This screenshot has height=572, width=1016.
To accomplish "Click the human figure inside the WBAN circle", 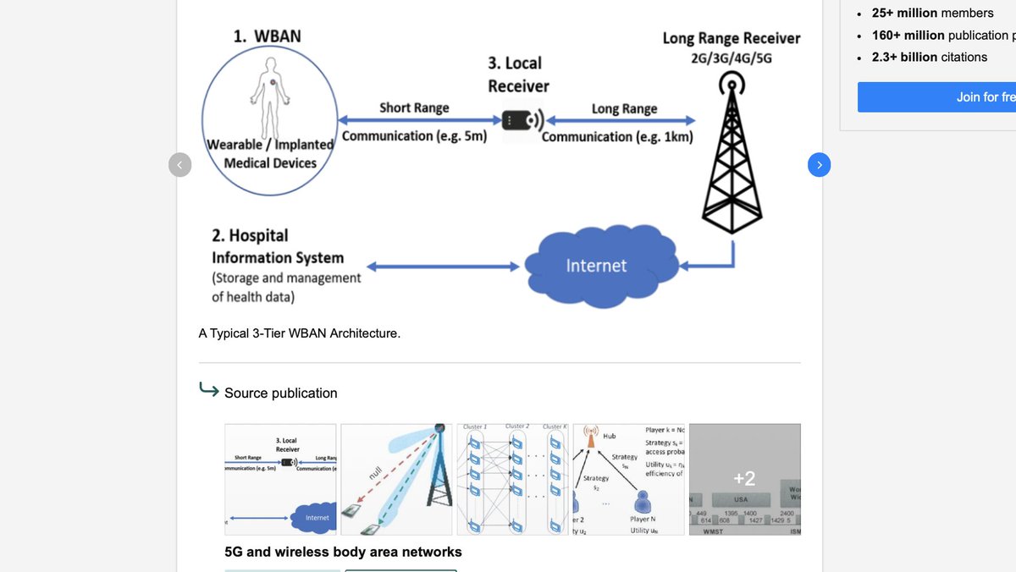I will (270, 85).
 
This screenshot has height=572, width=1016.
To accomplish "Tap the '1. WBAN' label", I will (267, 36).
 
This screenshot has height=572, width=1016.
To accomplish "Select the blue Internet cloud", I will (596, 265).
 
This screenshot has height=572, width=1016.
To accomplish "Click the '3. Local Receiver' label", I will (517, 74).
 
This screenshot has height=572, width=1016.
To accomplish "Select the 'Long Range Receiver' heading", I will (731, 38).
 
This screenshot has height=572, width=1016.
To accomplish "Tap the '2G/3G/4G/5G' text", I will (732, 58).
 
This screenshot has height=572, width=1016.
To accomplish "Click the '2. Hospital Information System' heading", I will (277, 246).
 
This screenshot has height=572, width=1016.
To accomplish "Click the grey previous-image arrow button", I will (180, 165).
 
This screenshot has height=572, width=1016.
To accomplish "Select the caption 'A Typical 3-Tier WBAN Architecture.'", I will (299, 333).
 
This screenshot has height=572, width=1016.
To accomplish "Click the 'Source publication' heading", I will (280, 393).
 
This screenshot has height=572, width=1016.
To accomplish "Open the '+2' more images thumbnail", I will (743, 479).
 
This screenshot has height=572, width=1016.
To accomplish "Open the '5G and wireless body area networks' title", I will (343, 552).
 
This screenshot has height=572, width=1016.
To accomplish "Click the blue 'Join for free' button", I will (936, 97).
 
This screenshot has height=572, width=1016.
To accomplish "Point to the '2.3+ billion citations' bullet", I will (930, 57).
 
